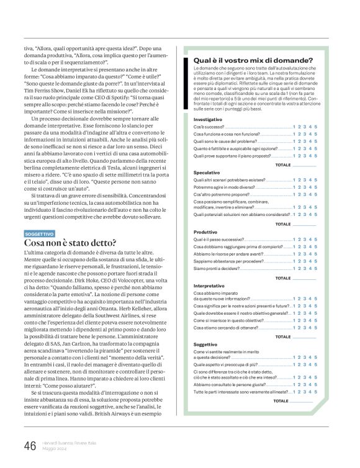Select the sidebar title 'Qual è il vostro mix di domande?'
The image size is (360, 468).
click(254, 60)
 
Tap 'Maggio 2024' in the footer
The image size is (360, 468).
click(55, 450)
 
